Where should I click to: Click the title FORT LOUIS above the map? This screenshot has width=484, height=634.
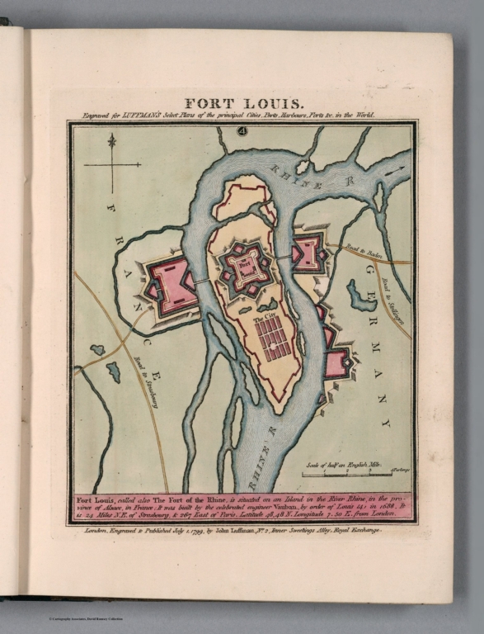[x=242, y=105]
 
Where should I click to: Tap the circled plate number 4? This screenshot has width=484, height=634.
[x=242, y=130]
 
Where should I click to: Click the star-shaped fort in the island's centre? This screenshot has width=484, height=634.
[x=244, y=268]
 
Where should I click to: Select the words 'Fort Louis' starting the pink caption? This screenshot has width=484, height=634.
[x=94, y=500]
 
